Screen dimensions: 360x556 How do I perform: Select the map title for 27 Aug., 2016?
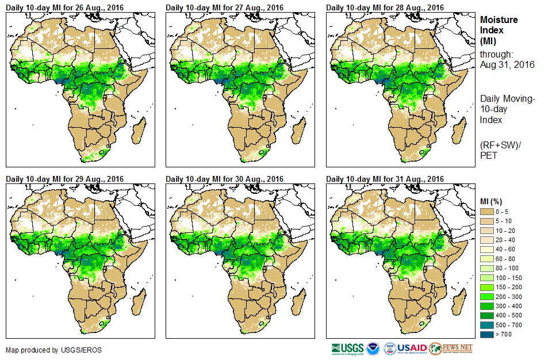(225, 7)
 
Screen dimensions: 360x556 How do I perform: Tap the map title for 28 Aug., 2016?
(385, 7)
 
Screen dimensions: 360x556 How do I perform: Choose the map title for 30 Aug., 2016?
(225, 178)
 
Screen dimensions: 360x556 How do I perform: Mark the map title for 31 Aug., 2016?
(385, 178)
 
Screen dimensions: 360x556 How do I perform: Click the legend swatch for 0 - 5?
(486, 212)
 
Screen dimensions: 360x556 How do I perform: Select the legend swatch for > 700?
(486, 334)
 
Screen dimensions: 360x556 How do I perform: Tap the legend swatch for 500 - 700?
(486, 325)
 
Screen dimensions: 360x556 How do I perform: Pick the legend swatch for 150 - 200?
(486, 287)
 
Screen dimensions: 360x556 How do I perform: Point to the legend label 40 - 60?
(506, 250)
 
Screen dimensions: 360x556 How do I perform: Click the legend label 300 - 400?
(508, 306)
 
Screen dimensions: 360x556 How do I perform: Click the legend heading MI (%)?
(492, 201)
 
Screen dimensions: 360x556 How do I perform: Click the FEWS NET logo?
(451, 348)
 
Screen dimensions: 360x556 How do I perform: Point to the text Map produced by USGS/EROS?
(46, 350)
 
